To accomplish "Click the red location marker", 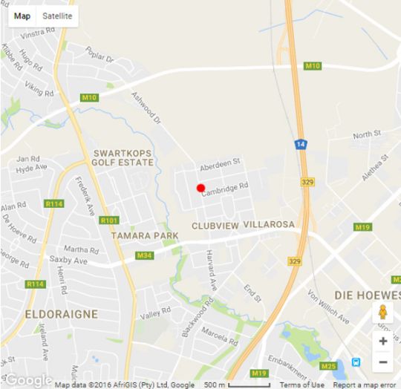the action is click(200, 188).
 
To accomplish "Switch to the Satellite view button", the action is click(58, 16).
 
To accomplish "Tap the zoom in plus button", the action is click(382, 341).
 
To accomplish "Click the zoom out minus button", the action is click(382, 362).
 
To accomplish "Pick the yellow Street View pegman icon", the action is click(382, 313).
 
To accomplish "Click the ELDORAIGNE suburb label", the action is click(61, 314).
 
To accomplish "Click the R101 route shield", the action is click(108, 220).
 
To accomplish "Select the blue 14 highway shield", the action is click(301, 145).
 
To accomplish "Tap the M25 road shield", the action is click(328, 365).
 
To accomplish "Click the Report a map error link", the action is click(364, 385).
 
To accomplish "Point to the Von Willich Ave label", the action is click(328, 308).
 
